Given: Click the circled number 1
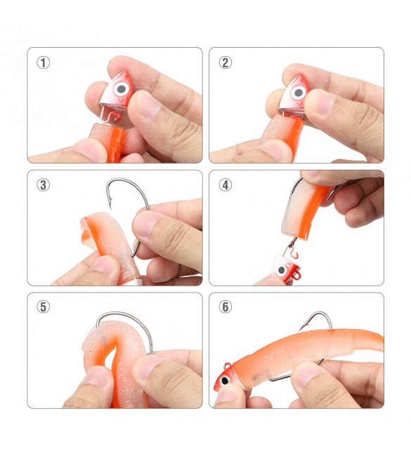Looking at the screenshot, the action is pos(43,63).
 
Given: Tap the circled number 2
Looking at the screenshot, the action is pos(225,63).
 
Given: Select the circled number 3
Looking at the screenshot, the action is pos(43,185).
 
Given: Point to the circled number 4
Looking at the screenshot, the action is pos(225,185).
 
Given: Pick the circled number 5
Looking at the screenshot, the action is pos(43,307).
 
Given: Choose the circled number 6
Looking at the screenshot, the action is pos(225,307).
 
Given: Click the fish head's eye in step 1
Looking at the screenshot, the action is pos(121,88).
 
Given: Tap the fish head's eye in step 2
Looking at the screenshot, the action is pos(298,93).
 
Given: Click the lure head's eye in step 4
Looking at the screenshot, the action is pos(282,271).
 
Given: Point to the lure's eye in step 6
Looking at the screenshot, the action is pos(225,380).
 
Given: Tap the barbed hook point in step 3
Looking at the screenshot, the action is pos(110,201).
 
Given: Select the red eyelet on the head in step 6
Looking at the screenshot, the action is pos(228,366).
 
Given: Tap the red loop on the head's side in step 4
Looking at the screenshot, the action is pos(296,274).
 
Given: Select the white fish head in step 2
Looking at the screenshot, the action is pos(294,93).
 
